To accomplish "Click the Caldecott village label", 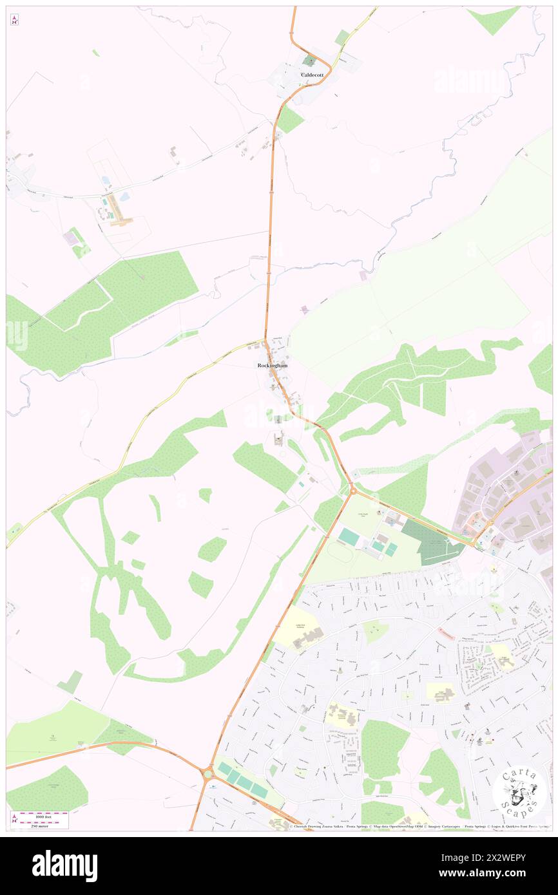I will pyautogui.click(x=311, y=75).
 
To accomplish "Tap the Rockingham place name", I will pyautogui.click(x=272, y=366).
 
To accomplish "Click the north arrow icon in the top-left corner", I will pyautogui.click(x=14, y=19).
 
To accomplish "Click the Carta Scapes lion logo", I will pyautogui.click(x=519, y=792).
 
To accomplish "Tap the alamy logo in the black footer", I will pyautogui.click(x=64, y=865).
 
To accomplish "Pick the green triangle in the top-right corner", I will pyautogui.click(x=493, y=19).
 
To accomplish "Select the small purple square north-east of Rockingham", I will pyautogui.click(x=304, y=310).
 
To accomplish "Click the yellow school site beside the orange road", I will pyautogui.click(x=298, y=628).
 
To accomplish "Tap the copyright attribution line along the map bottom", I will pyautogui.click(x=419, y=827).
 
